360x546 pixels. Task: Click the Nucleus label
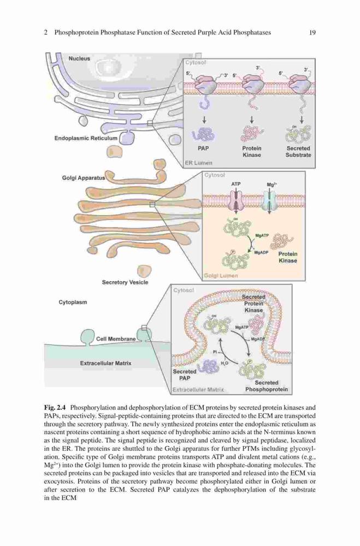(79, 58)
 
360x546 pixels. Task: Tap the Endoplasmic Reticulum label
(86, 138)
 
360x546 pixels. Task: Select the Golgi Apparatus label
(83, 178)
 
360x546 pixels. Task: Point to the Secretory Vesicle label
(125, 282)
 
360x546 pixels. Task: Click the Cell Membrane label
(116, 339)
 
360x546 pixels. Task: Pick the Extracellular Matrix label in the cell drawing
(105, 363)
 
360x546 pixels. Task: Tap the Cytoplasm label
(73, 302)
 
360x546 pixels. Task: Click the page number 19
(312, 33)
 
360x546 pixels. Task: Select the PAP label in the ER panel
(203, 149)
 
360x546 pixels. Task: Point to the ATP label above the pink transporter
(236, 184)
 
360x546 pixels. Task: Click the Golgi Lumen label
(221, 275)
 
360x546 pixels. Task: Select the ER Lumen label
(198, 163)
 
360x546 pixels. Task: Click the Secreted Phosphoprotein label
(267, 386)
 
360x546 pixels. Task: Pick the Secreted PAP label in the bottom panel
(184, 375)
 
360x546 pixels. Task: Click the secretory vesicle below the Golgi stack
(144, 270)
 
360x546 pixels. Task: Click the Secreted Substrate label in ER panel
(298, 151)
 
